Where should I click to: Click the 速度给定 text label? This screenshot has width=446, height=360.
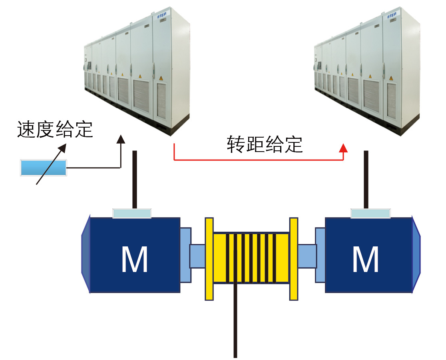[55, 130]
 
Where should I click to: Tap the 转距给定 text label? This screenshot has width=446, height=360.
[265, 144]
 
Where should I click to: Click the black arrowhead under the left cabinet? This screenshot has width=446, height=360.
[120, 139]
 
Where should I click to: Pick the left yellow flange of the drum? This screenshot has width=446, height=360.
[209, 259]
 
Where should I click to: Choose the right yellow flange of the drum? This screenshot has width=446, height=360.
[294, 259]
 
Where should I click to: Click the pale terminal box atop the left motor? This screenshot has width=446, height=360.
[132, 213]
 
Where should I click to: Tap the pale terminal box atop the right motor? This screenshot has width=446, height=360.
[370, 213]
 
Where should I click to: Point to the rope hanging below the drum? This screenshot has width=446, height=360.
[235, 320]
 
